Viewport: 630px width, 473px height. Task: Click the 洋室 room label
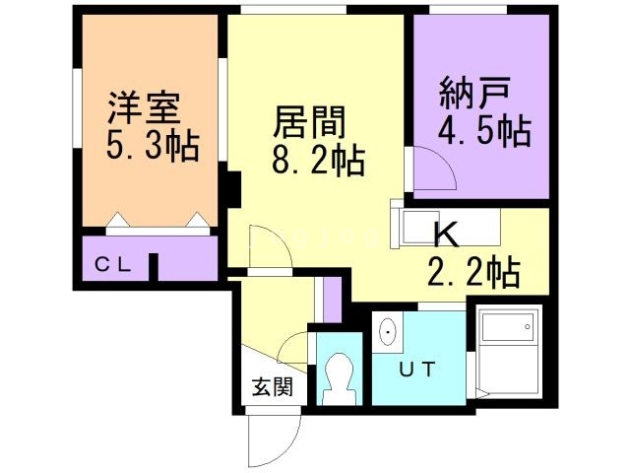(x=145, y=107)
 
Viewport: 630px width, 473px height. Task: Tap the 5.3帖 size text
(x=153, y=145)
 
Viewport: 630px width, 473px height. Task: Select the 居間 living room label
(x=309, y=122)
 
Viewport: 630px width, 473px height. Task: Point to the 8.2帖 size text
(x=318, y=160)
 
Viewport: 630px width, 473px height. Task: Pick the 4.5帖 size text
(x=484, y=131)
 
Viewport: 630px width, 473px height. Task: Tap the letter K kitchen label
(x=447, y=235)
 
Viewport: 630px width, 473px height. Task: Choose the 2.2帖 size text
(x=474, y=272)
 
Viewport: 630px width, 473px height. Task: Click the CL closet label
(x=113, y=265)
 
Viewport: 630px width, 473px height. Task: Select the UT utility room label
(x=417, y=370)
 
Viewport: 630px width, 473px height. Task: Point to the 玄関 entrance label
(x=273, y=387)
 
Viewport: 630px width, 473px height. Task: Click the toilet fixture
(x=340, y=378)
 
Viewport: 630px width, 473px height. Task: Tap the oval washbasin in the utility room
(x=388, y=332)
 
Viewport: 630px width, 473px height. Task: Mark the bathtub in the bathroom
(x=508, y=326)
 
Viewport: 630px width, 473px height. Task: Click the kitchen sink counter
(x=446, y=227)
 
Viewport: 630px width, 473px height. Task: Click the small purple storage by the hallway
(x=332, y=300)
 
